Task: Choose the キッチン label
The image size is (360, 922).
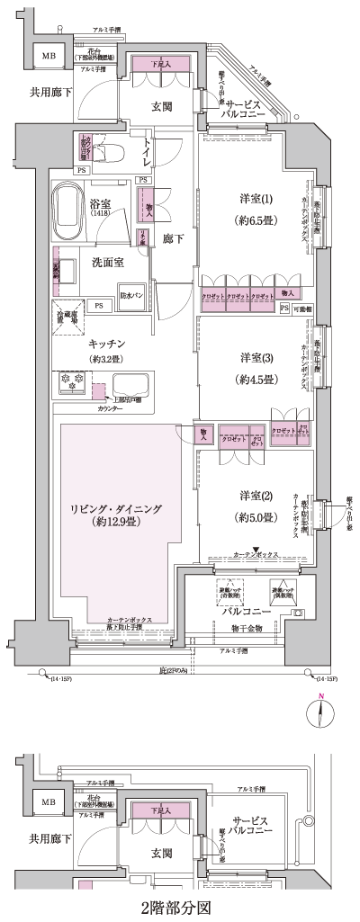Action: [x=106, y=344]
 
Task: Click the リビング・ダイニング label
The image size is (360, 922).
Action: [x=116, y=509]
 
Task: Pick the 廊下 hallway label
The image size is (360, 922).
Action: [x=173, y=240]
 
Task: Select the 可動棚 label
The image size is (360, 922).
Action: [x=303, y=308]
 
